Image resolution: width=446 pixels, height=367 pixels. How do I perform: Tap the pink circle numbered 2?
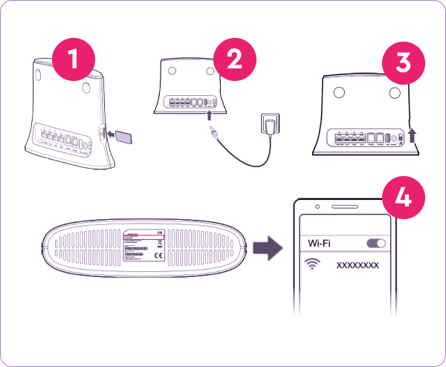point(233,57)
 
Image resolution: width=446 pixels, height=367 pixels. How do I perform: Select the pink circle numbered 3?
point(402,62)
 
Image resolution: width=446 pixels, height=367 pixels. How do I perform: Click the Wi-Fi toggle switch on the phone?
point(377,243)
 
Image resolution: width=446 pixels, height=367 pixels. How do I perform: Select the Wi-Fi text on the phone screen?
point(321,243)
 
